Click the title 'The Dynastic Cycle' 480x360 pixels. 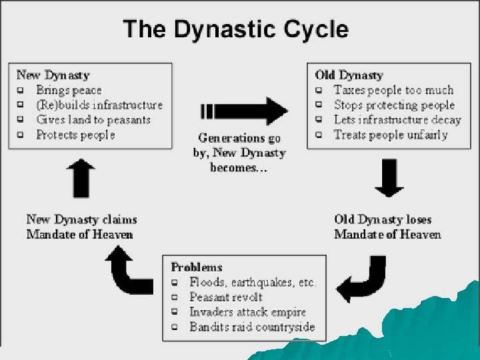pos(235,30)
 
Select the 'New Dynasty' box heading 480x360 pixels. pos(53,75)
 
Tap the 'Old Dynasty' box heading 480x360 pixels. pos(349,75)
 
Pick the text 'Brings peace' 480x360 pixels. pos(69,91)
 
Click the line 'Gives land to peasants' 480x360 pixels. pos(93,120)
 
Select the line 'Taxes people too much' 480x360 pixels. pos(393,90)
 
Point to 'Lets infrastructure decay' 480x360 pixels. pos(397,120)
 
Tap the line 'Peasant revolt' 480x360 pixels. pos(226,297)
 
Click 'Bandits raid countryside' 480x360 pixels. pos(252,327)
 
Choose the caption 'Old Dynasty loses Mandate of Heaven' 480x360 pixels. pos(387,227)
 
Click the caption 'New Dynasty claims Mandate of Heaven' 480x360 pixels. pos(82,227)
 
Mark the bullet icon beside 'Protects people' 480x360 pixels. pos(21,135)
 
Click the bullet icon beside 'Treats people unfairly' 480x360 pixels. pos(320,135)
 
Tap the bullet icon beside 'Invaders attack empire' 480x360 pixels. pos(175,312)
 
